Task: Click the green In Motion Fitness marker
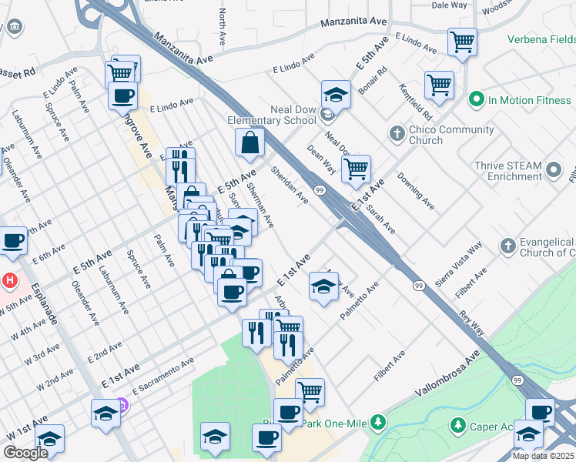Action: point(476,99)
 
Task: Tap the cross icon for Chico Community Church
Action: point(397,134)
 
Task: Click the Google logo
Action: point(25,453)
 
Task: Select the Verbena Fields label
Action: point(541,39)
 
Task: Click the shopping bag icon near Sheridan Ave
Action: point(250,142)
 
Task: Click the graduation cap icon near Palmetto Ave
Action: point(323,286)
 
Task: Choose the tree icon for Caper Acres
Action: point(457,424)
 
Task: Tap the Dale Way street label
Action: point(449,5)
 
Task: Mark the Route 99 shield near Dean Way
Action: point(319,189)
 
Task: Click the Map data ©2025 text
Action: point(544,456)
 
